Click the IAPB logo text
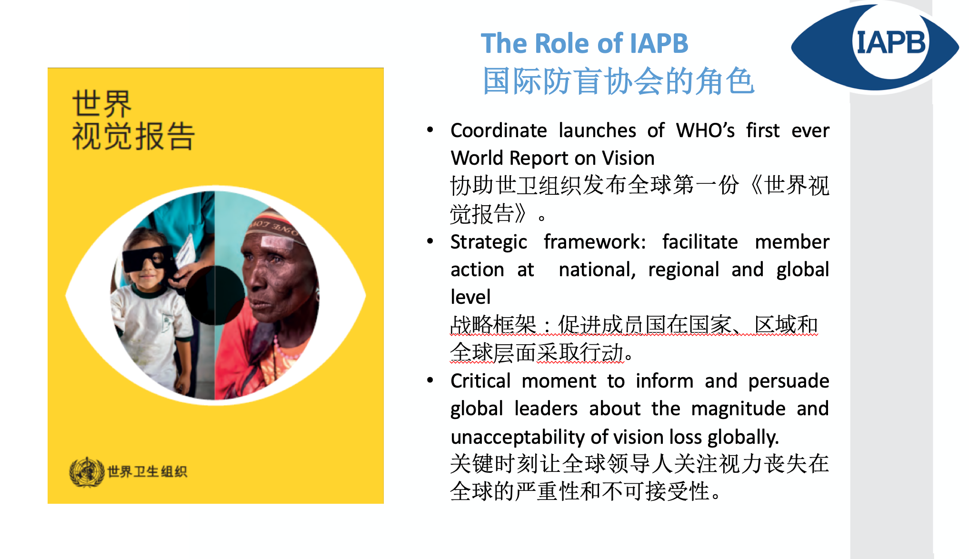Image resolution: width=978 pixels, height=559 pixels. tap(891, 42)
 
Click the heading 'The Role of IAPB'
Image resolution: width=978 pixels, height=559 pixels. tap(585, 43)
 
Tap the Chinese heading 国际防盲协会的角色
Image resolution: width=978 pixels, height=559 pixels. tap(619, 81)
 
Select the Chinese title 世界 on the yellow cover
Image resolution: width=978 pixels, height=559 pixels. tap(102, 103)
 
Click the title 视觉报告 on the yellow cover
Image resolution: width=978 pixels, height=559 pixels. tap(133, 136)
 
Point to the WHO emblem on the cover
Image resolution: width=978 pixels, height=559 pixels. tap(87, 472)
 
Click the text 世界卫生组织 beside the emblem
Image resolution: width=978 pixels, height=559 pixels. tap(147, 471)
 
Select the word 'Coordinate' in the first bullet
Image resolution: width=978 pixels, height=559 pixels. tap(499, 130)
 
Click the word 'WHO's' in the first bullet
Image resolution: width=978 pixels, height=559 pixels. tap(705, 130)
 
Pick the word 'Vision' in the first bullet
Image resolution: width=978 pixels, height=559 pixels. tap(629, 158)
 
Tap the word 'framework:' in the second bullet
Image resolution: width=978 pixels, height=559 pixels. tap(595, 242)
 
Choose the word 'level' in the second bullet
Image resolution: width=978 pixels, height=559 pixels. tap(470, 297)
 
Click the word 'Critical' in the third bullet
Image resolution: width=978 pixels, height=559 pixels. tap(480, 381)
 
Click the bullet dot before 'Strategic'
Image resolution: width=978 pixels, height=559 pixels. tap(430, 241)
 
